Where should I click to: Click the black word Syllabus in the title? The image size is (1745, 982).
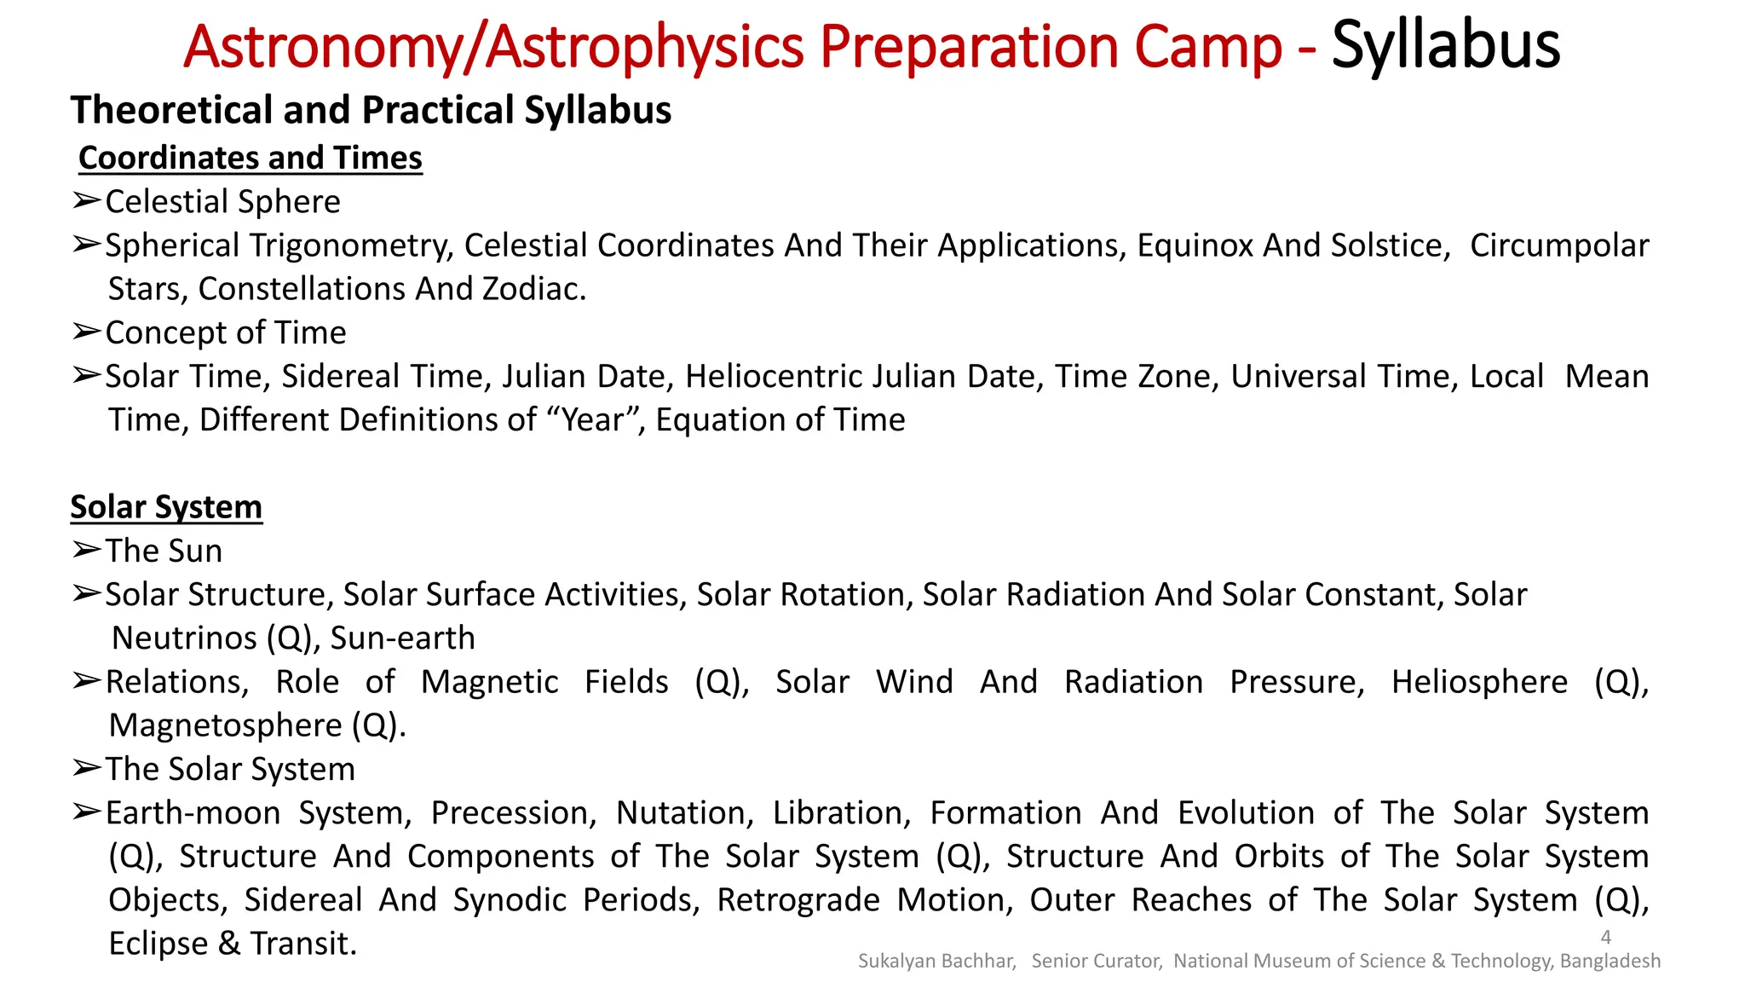tap(1445, 46)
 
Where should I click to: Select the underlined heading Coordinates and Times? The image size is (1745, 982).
tap(251, 159)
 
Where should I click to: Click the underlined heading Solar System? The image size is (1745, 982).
tap(166, 507)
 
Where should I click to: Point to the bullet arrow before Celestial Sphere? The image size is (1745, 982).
tap(86, 201)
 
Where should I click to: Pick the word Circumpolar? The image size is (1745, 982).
tap(1559, 245)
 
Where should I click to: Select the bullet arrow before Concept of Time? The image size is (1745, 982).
tap(86, 332)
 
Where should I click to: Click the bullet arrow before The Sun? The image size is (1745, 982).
tap(86, 551)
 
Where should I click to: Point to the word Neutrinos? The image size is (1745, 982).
tap(184, 638)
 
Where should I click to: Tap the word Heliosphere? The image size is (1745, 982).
tap(1479, 682)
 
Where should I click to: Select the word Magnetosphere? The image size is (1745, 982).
tap(225, 725)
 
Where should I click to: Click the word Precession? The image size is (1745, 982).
tap(512, 813)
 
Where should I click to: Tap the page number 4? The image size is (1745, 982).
tap(1606, 937)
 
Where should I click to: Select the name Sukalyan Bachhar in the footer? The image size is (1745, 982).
tap(936, 962)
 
